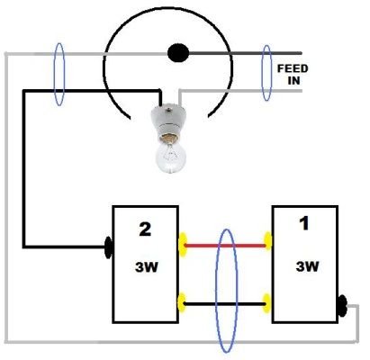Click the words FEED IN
point(293,75)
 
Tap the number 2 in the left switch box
point(145,229)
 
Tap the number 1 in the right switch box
point(304,224)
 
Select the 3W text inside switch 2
point(146,266)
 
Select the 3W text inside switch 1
point(307,266)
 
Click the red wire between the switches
point(225,246)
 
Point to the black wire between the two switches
point(225,304)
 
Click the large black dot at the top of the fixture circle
point(178,53)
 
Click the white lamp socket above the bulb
point(169,123)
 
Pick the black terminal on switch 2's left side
point(108,247)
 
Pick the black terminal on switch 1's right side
point(342,306)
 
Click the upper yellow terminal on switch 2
point(183,245)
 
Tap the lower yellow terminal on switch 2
point(181,303)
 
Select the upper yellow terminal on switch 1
point(267,241)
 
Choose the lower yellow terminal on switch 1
point(266,303)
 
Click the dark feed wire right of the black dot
point(245,53)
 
